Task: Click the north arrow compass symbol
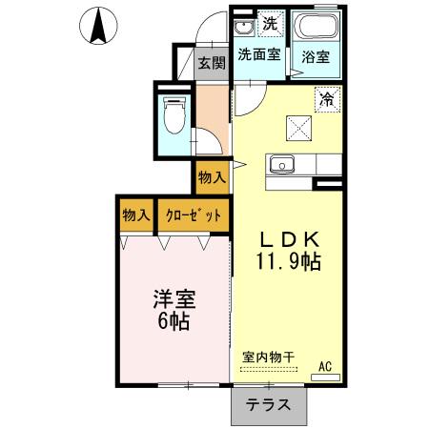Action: (96, 26)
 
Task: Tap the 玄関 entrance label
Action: (212, 64)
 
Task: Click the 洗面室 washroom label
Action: (258, 55)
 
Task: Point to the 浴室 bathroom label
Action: (315, 56)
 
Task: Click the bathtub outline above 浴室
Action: (315, 27)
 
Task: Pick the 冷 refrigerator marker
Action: (326, 97)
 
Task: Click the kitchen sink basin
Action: (282, 164)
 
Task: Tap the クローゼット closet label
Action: (193, 215)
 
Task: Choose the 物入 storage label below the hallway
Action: (212, 177)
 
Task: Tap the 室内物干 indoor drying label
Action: (268, 357)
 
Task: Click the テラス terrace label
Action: (269, 404)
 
